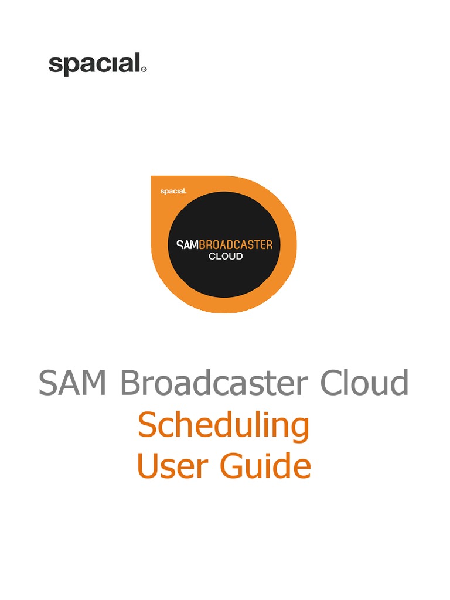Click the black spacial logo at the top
coord(95,64)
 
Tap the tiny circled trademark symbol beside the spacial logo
coord(144,70)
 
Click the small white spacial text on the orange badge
coord(173,191)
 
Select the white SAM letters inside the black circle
coord(188,244)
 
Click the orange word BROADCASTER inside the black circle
coord(236,244)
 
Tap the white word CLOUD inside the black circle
coord(226,256)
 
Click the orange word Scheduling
coord(223,427)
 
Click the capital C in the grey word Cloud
coord(332,383)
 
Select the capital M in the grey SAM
coord(96,383)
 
